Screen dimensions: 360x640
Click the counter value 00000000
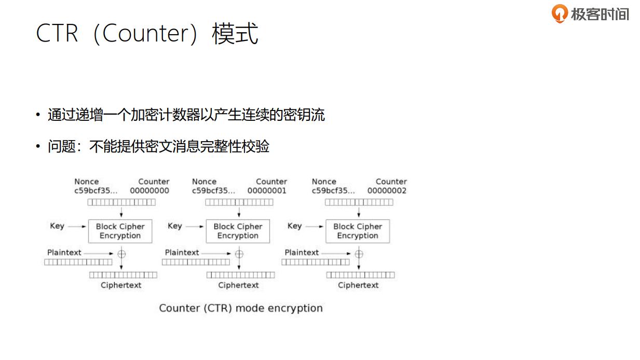point(149,190)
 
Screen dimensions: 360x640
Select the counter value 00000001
point(267,190)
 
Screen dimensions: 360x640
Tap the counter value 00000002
point(387,190)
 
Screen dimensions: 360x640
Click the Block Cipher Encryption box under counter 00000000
point(120,231)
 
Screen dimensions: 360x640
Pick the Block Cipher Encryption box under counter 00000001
point(238,231)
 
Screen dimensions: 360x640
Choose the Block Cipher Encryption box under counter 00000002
point(358,231)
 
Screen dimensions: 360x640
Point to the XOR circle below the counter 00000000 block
point(121,254)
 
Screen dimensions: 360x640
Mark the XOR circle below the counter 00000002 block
point(359,254)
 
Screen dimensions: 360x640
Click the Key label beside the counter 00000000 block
point(57,226)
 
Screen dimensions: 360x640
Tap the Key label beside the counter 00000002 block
point(294,226)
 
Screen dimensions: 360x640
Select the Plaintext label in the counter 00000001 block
point(182,253)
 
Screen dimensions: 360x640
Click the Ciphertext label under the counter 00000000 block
point(121,285)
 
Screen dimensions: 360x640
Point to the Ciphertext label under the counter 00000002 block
point(358,285)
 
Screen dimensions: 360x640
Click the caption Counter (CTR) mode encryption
point(241,308)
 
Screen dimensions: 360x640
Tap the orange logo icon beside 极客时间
point(560,13)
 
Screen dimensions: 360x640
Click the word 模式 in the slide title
point(235,34)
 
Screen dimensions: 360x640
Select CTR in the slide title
point(57,34)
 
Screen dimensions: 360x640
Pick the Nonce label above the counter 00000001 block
point(204,182)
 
